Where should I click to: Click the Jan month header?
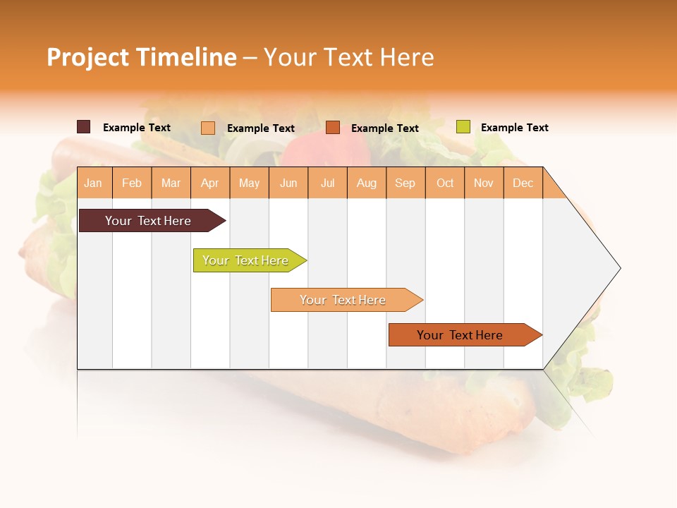[x=94, y=183]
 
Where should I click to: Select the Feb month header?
[x=132, y=183]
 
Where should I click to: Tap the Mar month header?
[x=171, y=183]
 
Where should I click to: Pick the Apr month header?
[x=210, y=183]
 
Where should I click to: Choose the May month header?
[x=249, y=183]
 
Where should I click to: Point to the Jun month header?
[x=288, y=183]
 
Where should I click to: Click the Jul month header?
[x=327, y=183]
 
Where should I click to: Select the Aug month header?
[x=367, y=183]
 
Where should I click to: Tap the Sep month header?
[x=405, y=183]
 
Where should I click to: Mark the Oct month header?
[x=445, y=183]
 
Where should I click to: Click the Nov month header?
[x=484, y=183]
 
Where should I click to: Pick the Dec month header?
[x=523, y=183]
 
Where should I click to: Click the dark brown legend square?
[x=84, y=127]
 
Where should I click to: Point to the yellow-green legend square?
[x=463, y=127]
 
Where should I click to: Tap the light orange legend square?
[x=208, y=128]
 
